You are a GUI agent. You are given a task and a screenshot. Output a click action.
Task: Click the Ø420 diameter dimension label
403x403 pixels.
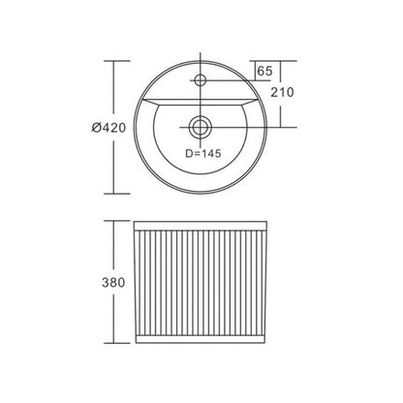(108, 128)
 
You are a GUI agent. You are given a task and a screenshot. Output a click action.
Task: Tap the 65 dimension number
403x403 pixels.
(264, 71)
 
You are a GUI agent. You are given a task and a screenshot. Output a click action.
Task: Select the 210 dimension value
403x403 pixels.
(283, 92)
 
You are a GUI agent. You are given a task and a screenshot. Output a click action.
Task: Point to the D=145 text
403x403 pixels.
(203, 153)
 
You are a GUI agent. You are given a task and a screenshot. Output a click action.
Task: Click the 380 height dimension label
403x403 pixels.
(113, 283)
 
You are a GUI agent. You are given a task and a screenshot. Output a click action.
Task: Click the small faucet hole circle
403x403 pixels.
(201, 79)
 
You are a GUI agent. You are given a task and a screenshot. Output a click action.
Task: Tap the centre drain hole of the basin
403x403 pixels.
(201, 127)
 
